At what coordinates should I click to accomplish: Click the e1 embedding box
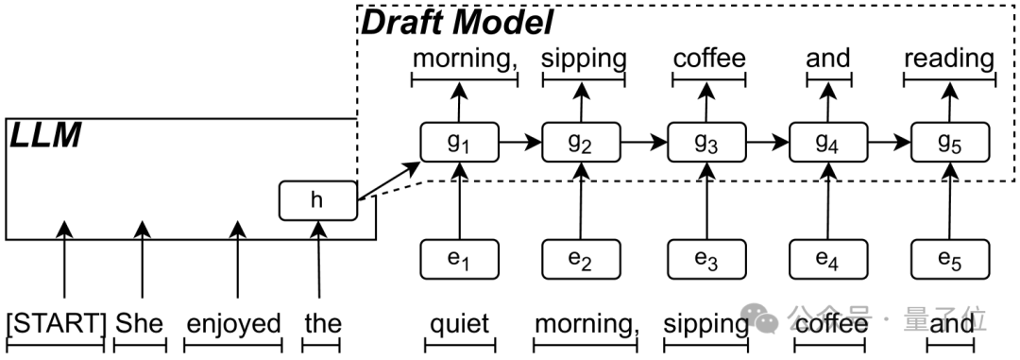coord(458,258)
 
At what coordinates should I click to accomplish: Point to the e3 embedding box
coord(706,258)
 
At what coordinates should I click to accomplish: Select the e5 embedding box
coord(951,258)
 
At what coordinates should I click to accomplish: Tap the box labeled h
coord(318,200)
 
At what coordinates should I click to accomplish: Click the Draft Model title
coord(457,22)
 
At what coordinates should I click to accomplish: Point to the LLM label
coord(44,137)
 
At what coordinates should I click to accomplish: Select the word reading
coord(949,59)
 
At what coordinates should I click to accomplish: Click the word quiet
coord(459,324)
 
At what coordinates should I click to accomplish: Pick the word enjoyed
coord(234,324)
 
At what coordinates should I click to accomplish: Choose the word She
coord(140,324)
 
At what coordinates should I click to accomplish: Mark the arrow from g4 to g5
coord(889,143)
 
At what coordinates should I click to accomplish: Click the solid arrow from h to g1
coord(389,180)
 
